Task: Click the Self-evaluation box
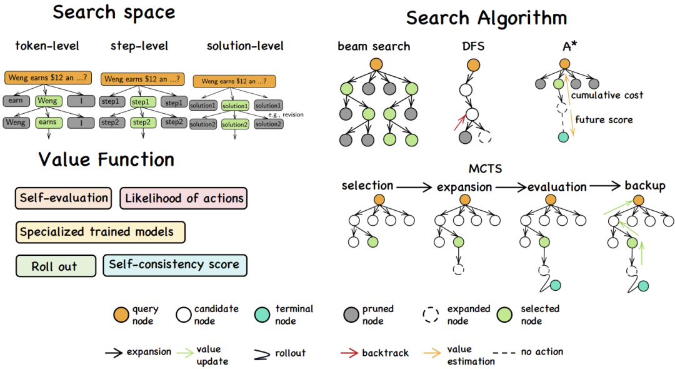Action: click(64, 198)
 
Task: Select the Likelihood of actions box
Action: click(184, 198)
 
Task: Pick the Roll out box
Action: click(55, 266)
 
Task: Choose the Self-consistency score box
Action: click(174, 265)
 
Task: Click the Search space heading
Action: click(114, 12)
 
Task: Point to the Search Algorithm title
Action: click(486, 18)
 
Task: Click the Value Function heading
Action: click(106, 159)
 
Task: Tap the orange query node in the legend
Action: click(120, 315)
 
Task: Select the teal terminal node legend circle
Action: click(264, 315)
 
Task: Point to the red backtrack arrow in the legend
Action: click(348, 353)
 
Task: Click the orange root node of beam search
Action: click(375, 64)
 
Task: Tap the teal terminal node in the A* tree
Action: click(564, 136)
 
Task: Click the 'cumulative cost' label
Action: click(607, 95)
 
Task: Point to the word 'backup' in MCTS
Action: click(645, 186)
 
